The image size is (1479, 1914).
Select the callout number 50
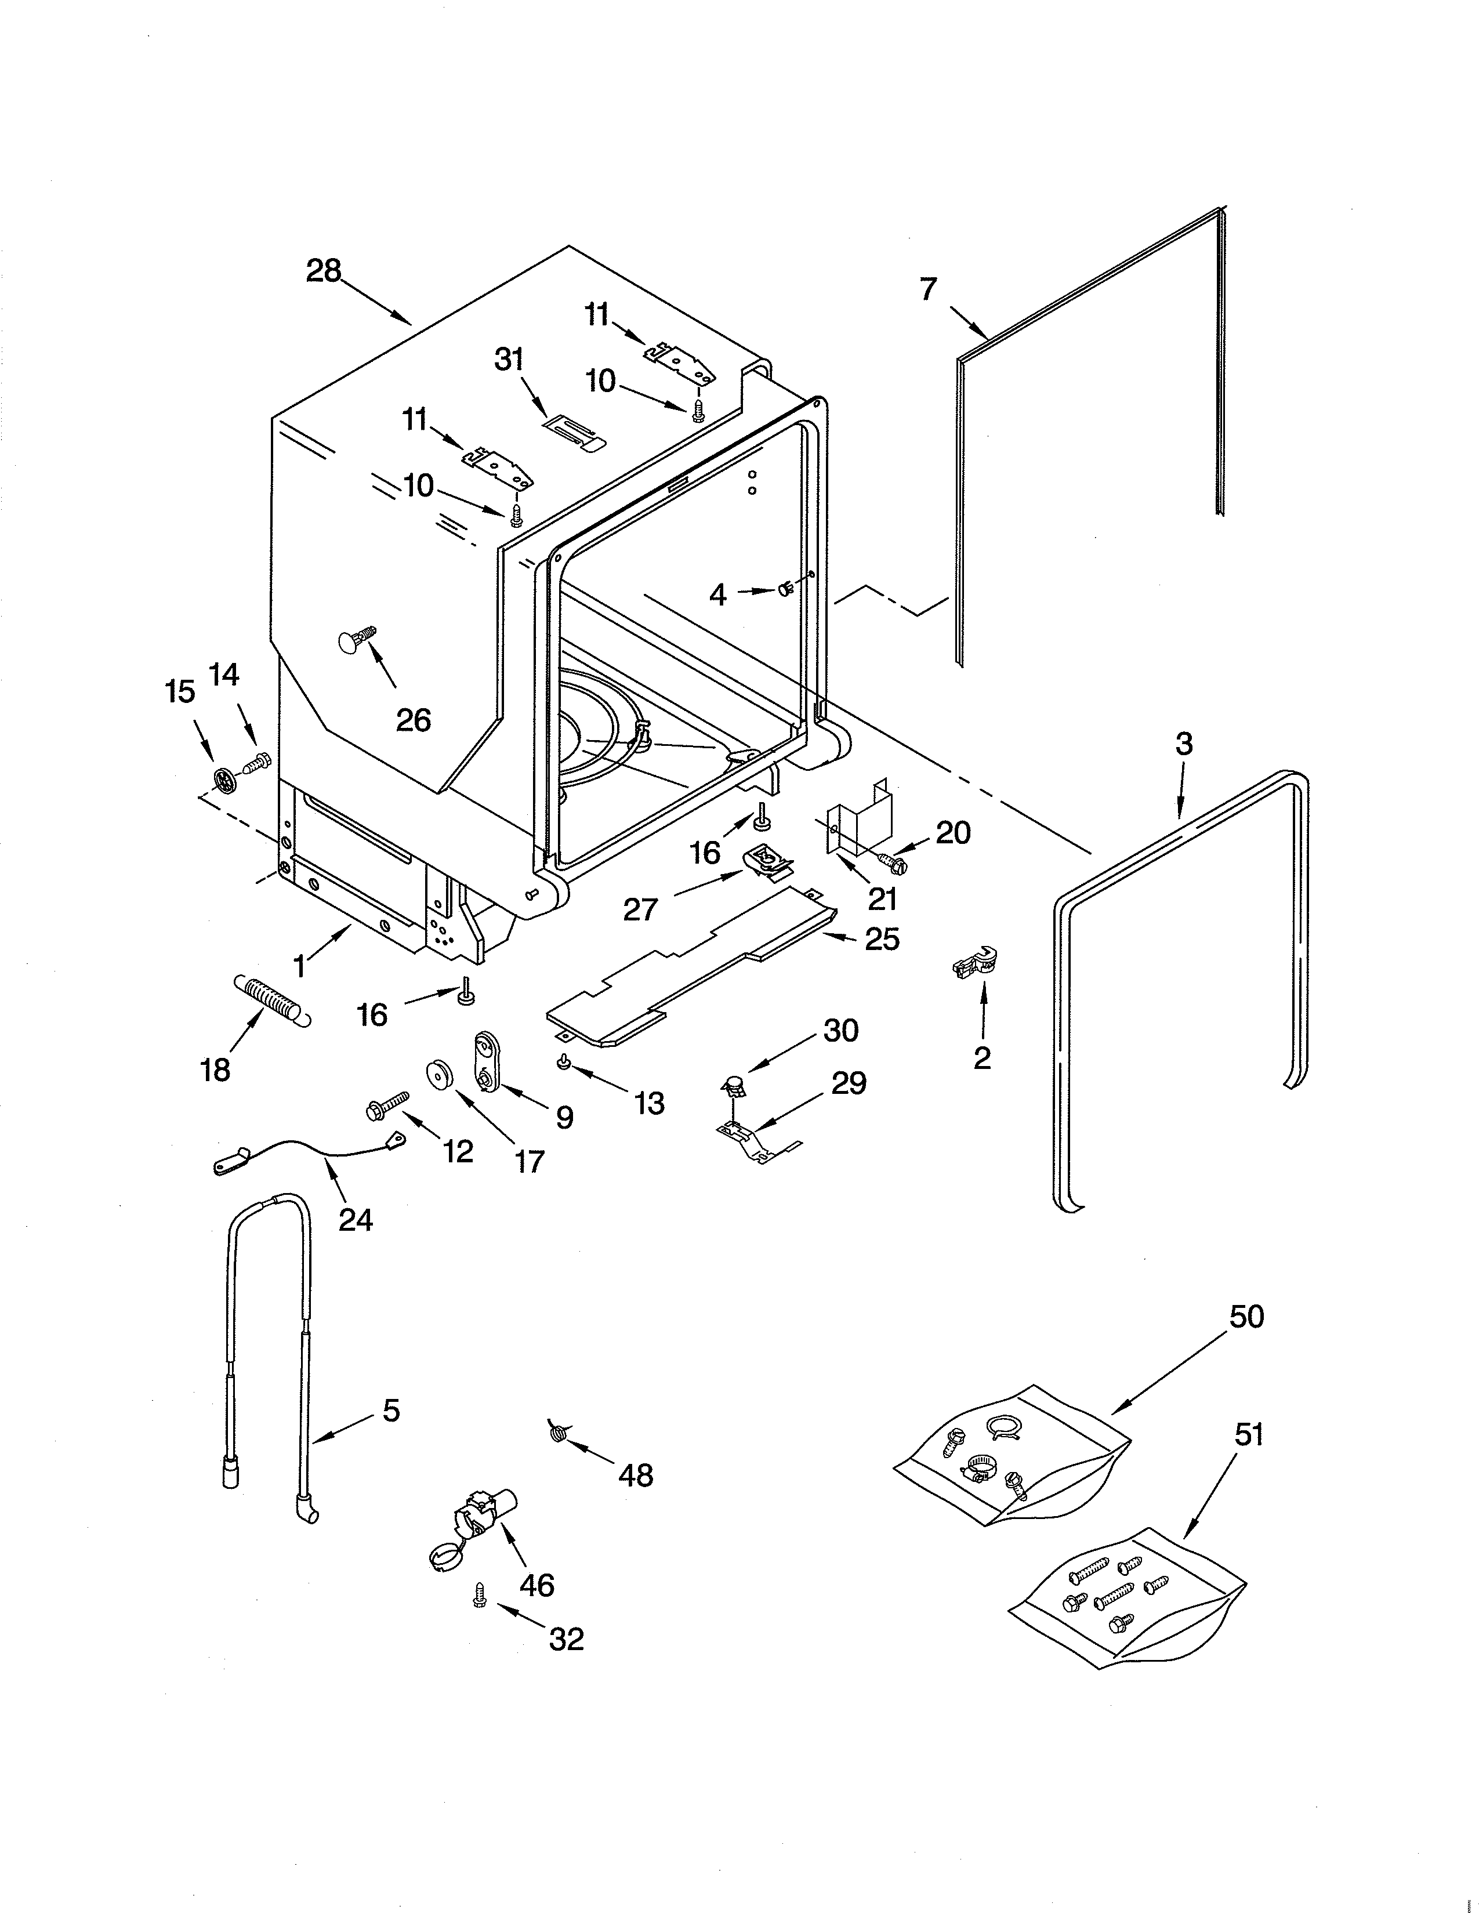pos(1246,1317)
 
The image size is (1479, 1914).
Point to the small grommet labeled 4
pos(786,590)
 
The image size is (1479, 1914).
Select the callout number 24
pos(356,1219)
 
